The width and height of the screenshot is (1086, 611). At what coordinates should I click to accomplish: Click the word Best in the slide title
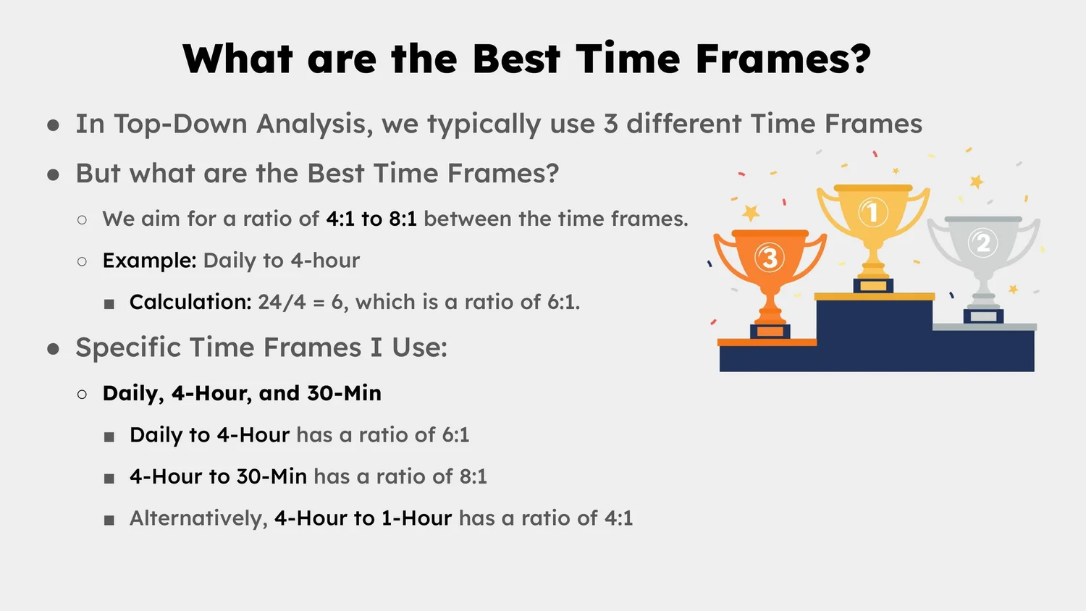[x=516, y=59]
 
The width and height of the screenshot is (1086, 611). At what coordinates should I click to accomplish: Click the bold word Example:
[x=149, y=261]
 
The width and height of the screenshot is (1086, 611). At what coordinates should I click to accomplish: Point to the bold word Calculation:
[x=190, y=302]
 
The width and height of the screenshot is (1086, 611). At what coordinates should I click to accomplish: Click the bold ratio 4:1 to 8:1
[x=371, y=219]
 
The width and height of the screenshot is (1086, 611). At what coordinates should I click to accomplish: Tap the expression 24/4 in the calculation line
[x=282, y=302]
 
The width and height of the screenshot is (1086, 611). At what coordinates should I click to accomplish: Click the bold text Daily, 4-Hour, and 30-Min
[x=242, y=393]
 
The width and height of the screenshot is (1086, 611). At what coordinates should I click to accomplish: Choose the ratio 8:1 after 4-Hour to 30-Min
[x=473, y=476]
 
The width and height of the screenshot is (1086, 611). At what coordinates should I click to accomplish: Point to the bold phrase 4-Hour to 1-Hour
[x=363, y=518]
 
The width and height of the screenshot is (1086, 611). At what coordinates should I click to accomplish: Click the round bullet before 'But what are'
[x=53, y=174]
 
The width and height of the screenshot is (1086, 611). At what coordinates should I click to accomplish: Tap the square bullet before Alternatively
[x=109, y=520]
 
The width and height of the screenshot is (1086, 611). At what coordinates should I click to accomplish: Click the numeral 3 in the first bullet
[x=610, y=125]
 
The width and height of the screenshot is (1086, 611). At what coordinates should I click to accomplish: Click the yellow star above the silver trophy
[x=977, y=181]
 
